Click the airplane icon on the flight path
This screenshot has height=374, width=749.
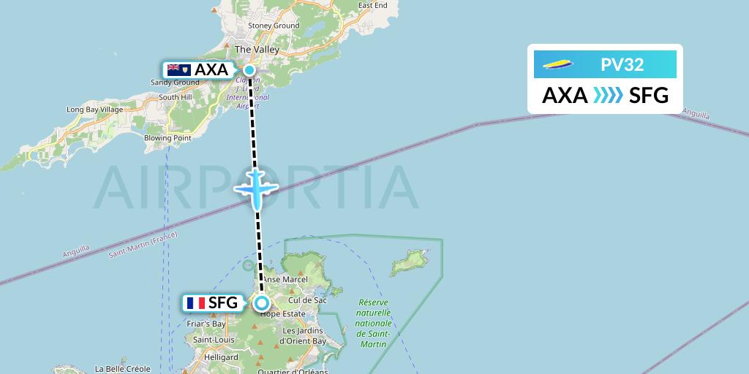[256, 188]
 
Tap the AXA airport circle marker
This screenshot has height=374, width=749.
[249, 70]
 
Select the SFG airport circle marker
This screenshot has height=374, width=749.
[261, 303]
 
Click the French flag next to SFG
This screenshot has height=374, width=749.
[195, 302]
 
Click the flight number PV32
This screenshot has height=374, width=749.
[622, 64]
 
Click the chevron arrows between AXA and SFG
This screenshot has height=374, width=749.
[608, 95]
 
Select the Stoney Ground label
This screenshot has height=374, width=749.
[274, 26]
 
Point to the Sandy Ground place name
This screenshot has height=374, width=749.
[175, 83]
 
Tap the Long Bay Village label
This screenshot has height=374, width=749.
[94, 110]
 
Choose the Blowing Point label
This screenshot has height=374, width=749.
[168, 138]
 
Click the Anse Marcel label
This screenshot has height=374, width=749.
[286, 279]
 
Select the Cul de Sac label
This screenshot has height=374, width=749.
[307, 300]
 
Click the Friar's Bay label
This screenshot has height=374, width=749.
[206, 323]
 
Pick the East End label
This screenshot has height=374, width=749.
[372, 5]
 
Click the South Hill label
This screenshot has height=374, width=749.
[175, 97]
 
